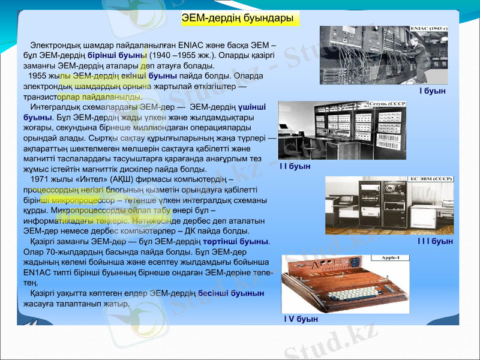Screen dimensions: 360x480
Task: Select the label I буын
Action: tap(432, 91)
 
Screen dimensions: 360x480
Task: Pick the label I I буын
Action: tap(295, 166)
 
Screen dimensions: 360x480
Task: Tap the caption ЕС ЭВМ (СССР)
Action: tap(431, 179)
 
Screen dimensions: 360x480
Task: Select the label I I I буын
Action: tap(435, 241)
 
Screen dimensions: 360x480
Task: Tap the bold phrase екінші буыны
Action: tap(151, 76)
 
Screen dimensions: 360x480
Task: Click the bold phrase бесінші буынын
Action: tap(231, 293)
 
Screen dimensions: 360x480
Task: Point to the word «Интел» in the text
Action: tap(91, 179)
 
